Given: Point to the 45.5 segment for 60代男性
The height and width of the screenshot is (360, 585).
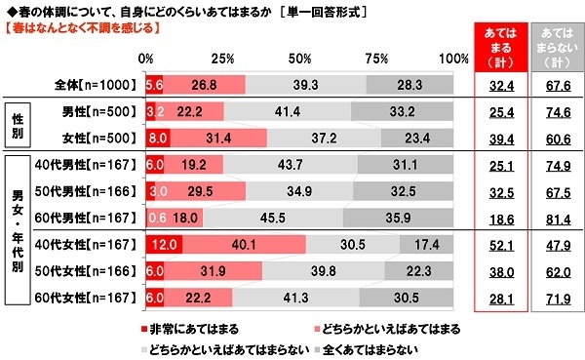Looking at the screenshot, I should point(272,217).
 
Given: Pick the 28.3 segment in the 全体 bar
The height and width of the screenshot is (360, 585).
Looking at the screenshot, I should point(410,84).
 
